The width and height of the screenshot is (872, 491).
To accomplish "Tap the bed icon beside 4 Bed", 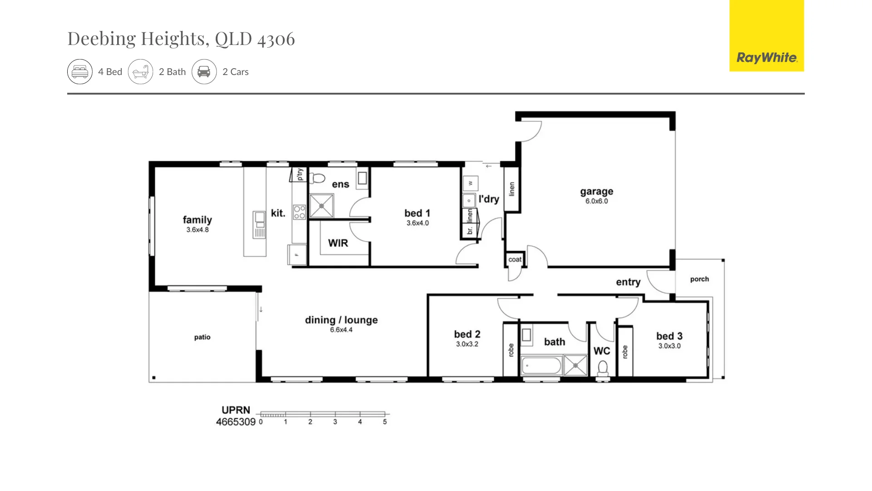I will tap(80, 72).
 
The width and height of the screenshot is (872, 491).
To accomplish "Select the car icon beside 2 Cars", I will tap(204, 72).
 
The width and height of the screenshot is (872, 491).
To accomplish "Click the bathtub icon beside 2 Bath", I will tap(140, 72).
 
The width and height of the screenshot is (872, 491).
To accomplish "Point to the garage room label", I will tap(596, 191).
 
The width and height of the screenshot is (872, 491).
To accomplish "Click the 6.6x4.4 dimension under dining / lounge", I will tap(341, 330).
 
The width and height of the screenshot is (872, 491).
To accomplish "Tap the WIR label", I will tap(338, 243).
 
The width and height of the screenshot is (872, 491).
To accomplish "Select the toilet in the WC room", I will tap(603, 368).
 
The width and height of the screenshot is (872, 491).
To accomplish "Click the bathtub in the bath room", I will tap(541, 366).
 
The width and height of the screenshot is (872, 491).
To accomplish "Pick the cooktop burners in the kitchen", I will tap(299, 212).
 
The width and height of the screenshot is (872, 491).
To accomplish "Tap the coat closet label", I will tap(515, 260).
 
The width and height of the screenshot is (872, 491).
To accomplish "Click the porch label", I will tap(699, 279).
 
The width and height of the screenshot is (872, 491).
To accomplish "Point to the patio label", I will tap(202, 337).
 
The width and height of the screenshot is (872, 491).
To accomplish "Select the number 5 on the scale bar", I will tap(385, 422).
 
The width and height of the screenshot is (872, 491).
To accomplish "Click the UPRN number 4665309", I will tap(236, 422).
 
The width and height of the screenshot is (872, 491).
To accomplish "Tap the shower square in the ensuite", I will tap(322, 206).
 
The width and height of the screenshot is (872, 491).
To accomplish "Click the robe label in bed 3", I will tap(625, 352).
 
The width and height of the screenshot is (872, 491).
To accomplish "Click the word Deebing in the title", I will tap(101, 39).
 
